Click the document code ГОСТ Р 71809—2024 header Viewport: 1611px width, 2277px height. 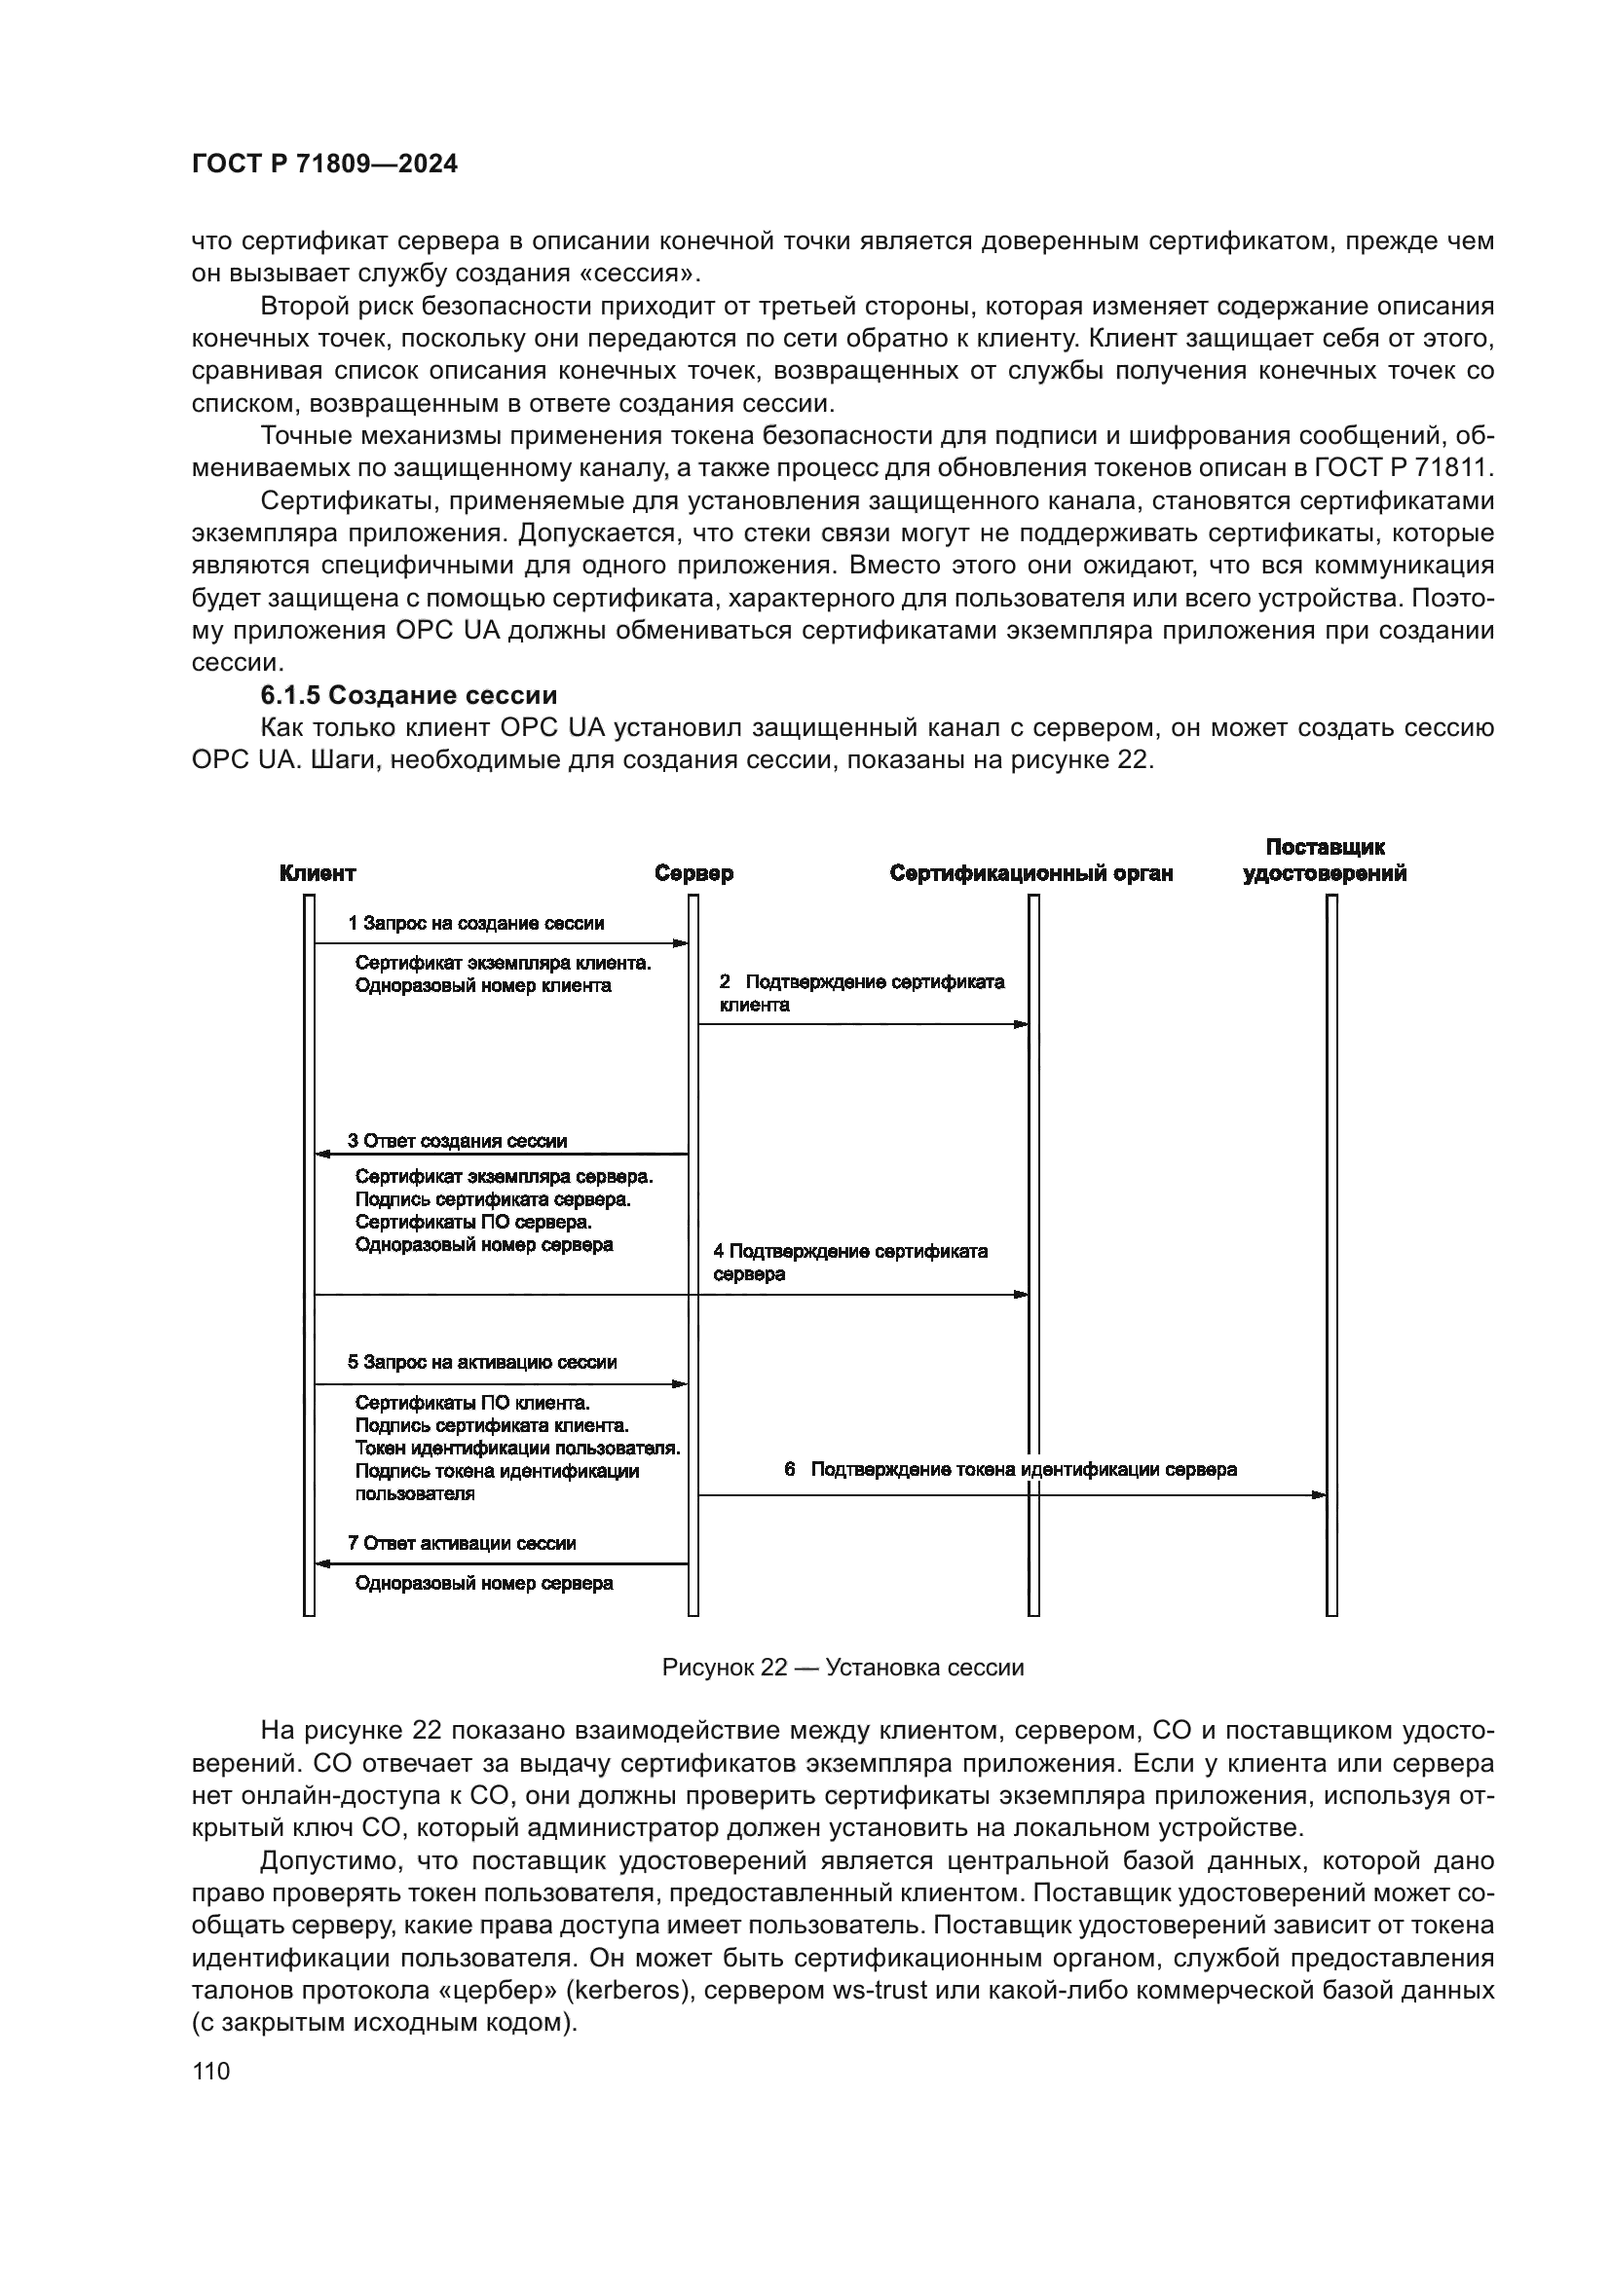[324, 165]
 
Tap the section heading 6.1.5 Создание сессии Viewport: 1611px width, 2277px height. [409, 695]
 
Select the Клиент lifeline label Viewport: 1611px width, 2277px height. [318, 873]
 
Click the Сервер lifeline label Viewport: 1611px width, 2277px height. [693, 873]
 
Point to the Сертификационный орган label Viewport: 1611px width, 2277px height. [1030, 873]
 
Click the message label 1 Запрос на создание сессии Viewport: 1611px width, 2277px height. [476, 923]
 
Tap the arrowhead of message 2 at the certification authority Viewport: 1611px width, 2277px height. [1021, 1024]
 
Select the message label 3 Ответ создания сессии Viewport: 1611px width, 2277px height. [458, 1141]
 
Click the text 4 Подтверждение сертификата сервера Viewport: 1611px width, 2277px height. [850, 1263]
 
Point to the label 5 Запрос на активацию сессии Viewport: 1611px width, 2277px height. [482, 1362]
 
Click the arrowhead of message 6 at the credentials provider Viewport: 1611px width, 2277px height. [1320, 1494]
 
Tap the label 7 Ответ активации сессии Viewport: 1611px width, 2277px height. [463, 1543]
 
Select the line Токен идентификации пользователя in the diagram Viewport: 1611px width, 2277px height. [518, 1448]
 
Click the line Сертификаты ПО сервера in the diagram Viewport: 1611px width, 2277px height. [473, 1222]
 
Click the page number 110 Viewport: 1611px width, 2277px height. [211, 2072]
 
